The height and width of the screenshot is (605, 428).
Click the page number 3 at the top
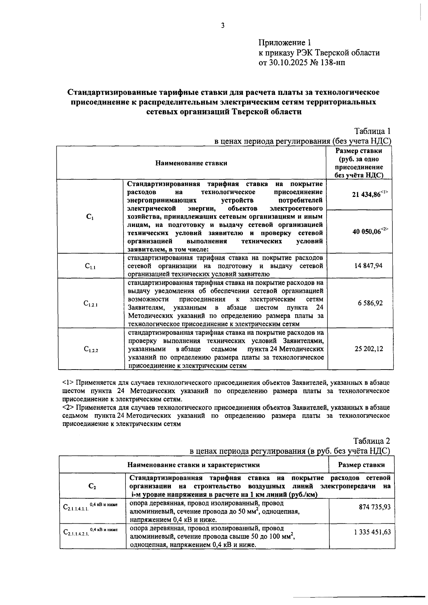point(223,25)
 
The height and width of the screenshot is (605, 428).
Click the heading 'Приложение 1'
point(285,43)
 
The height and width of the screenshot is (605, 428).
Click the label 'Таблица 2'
point(372,441)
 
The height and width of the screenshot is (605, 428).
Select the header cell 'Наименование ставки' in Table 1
point(191,163)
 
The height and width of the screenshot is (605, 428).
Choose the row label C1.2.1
point(91,304)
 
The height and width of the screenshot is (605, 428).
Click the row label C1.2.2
point(91,349)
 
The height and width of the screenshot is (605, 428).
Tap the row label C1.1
point(90,266)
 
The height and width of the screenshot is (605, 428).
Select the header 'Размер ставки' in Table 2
point(361,464)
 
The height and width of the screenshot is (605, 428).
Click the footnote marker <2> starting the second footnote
point(68,407)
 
